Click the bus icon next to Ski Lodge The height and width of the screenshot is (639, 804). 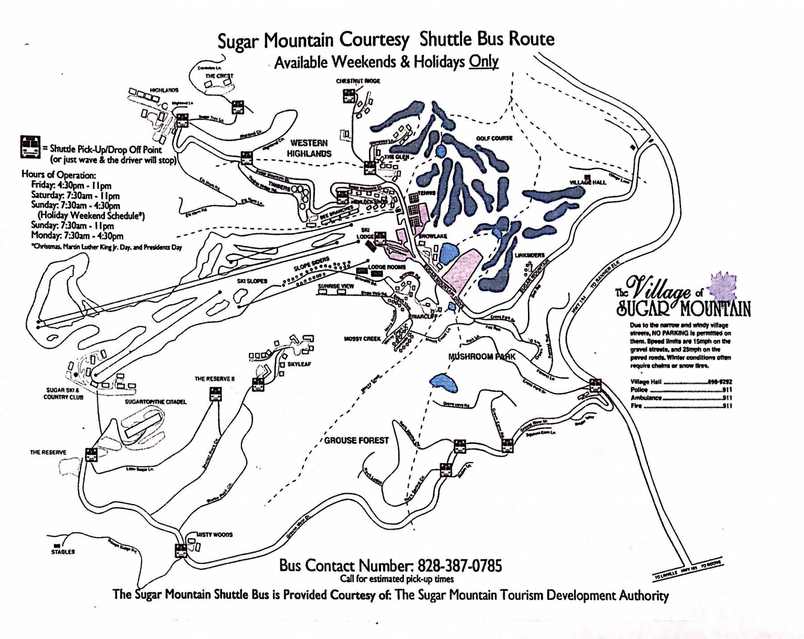tap(380, 239)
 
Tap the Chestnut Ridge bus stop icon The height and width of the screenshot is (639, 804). tap(349, 96)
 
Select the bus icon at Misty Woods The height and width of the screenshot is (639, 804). tap(181, 551)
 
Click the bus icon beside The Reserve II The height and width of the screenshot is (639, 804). tap(216, 394)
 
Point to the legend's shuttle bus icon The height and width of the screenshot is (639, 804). tap(30, 147)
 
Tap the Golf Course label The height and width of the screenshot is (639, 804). tap(494, 139)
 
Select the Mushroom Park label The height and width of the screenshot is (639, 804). tap(482, 357)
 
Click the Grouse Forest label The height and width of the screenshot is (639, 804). tap(356, 441)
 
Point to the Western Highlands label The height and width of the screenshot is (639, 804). tap(309, 148)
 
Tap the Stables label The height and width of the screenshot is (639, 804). tap(63, 552)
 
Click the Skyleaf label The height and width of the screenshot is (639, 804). tap(299, 364)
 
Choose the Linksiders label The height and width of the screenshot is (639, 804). tap(530, 255)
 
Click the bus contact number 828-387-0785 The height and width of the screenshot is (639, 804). tap(460, 566)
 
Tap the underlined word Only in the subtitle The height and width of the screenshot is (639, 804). tap(483, 62)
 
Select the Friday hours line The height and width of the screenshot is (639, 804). tap(71, 185)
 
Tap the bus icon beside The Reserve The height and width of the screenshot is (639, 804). tap(91, 455)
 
